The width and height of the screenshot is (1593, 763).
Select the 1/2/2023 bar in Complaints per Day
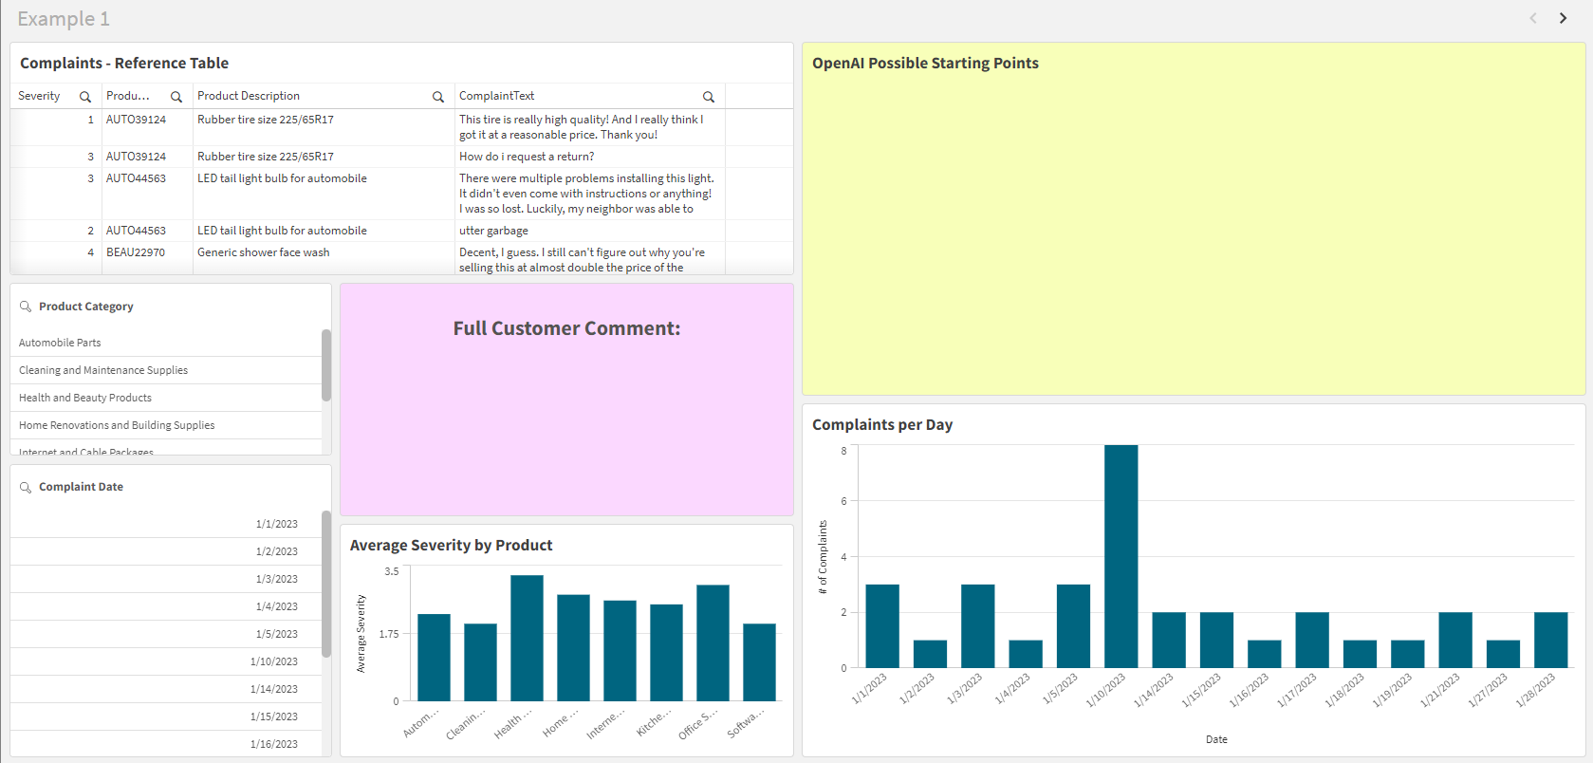pyautogui.click(x=930, y=654)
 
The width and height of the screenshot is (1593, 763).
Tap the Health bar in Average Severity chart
pyautogui.click(x=527, y=638)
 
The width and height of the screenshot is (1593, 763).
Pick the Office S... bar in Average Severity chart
pyautogui.click(x=713, y=642)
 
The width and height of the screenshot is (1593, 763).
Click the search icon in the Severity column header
pyautogui.click(x=85, y=97)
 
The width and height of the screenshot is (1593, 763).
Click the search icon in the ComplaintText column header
pyautogui.click(x=708, y=97)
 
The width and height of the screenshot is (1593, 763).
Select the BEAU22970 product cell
pyautogui.click(x=136, y=252)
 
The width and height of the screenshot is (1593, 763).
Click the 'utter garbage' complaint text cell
pyautogui.click(x=493, y=231)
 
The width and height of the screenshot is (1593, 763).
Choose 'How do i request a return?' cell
pyautogui.click(x=527, y=157)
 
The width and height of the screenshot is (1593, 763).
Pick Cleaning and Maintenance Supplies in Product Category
pyautogui.click(x=103, y=370)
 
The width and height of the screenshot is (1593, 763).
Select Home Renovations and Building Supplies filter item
pyautogui.click(x=117, y=425)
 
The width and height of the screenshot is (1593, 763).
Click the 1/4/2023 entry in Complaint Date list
pyautogui.click(x=276, y=606)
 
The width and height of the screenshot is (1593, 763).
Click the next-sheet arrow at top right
pyautogui.click(x=1563, y=18)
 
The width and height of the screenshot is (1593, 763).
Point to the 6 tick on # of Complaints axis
pyautogui.click(x=843, y=501)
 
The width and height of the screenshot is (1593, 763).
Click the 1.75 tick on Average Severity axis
pyautogui.click(x=389, y=634)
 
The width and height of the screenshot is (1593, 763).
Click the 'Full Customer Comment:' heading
pyautogui.click(x=566, y=328)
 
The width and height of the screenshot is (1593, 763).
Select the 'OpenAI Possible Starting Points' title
pyautogui.click(x=925, y=64)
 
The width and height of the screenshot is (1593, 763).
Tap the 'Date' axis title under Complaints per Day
pyautogui.click(x=1216, y=739)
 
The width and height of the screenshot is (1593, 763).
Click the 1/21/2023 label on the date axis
pyautogui.click(x=1440, y=690)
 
